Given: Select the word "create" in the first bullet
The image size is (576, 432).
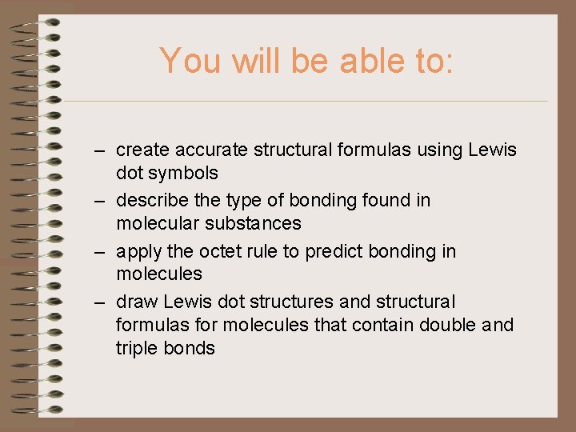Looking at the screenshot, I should (142, 150).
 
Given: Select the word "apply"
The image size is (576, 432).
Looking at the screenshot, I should (139, 251).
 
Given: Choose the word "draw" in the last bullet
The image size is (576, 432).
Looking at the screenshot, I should (135, 302).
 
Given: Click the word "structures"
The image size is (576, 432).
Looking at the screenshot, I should (292, 302).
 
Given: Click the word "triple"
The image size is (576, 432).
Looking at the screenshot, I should (137, 349).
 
